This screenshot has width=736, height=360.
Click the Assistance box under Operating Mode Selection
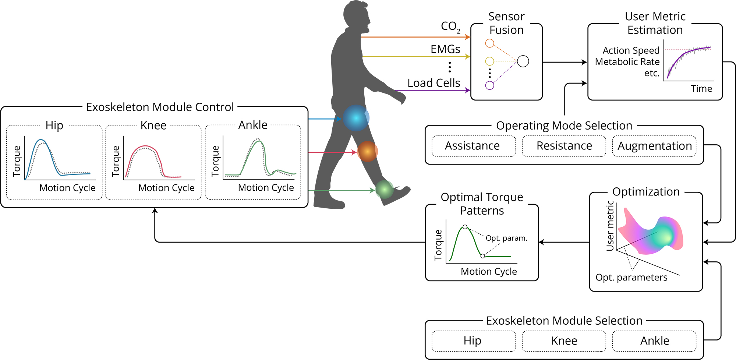[x=473, y=146]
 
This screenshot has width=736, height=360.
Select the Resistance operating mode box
[x=564, y=146]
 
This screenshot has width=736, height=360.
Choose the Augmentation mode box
[x=654, y=146]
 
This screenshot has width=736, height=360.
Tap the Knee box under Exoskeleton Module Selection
[x=564, y=341]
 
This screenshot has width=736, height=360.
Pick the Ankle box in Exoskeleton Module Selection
[x=654, y=341]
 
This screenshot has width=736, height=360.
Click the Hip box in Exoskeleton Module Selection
[x=473, y=341]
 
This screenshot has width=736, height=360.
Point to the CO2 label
[x=450, y=27]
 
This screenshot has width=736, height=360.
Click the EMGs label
[x=445, y=49]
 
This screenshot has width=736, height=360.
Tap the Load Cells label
[x=434, y=83]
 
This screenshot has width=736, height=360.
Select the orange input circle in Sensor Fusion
[x=489, y=43]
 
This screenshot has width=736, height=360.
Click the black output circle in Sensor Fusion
[x=523, y=61]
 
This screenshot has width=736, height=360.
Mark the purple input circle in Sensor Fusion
[x=489, y=85]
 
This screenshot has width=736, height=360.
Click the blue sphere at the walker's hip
[x=356, y=118]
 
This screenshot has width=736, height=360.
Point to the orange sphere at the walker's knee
[x=367, y=151]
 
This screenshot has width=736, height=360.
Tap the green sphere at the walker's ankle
[x=385, y=189]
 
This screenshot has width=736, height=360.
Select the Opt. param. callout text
[x=506, y=238]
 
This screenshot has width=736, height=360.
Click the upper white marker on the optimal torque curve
[x=465, y=227]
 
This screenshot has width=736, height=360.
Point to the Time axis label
[x=701, y=89]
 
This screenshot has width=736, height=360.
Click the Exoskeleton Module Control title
[x=160, y=107]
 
